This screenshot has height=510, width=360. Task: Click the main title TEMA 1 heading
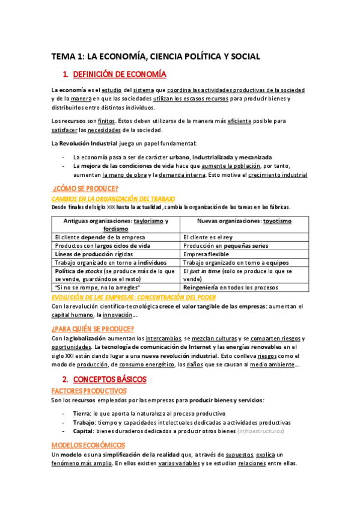tap(156, 57)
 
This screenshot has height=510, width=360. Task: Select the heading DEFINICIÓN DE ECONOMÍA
tap(118, 75)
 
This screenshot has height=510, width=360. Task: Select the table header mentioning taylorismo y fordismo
tap(116, 224)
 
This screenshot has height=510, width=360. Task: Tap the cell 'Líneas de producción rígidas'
tap(89, 254)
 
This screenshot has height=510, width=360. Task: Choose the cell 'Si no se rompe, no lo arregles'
tap(92, 287)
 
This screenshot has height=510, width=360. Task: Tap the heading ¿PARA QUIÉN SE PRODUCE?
tap(93, 328)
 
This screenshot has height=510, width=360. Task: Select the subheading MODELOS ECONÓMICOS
tap(88, 445)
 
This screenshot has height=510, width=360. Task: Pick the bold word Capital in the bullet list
tap(83, 431)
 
